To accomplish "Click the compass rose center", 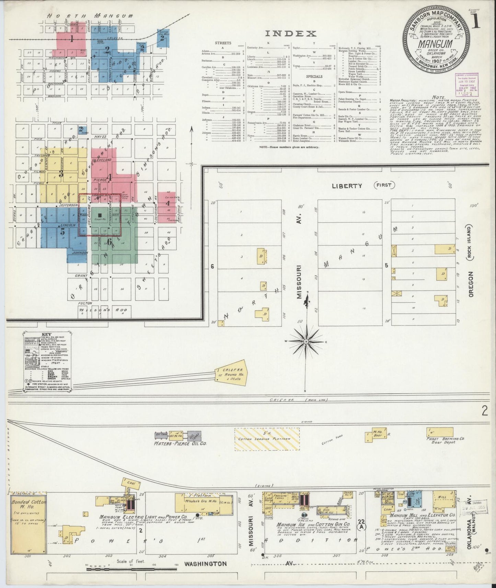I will tap(306, 342).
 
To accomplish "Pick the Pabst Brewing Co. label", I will tap(445, 438).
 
